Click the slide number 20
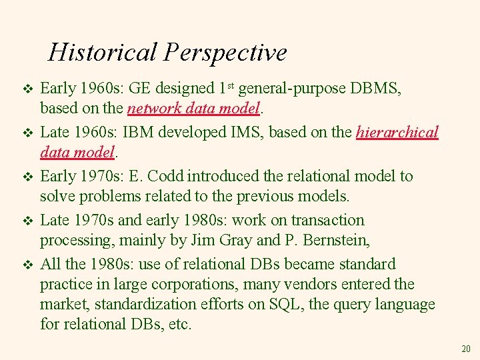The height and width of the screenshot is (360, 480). pos(465,349)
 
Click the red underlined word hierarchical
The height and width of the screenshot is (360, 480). pos(397,132)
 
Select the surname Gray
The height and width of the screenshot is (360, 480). pos(235,240)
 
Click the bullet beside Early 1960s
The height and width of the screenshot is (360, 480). pos(27,89)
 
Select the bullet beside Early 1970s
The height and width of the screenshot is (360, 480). pos(27,177)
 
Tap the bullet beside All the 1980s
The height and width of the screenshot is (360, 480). pos(27,265)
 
